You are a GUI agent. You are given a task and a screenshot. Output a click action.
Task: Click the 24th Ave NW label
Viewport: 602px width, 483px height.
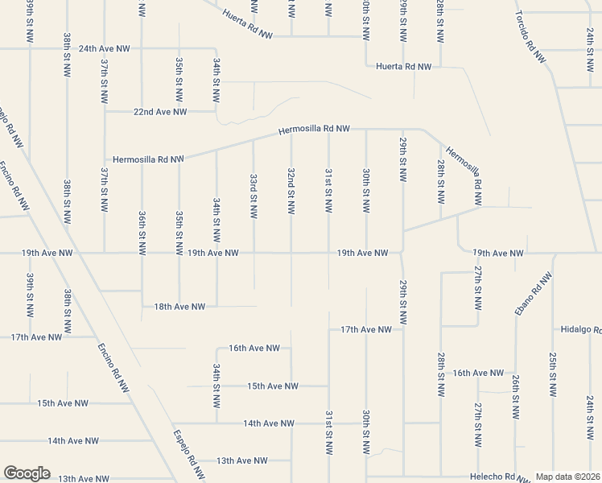pos(104,48)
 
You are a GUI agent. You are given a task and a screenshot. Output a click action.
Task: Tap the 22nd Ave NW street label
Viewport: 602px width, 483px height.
pos(160,112)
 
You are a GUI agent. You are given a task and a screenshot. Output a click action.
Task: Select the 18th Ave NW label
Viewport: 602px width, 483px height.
pos(179,306)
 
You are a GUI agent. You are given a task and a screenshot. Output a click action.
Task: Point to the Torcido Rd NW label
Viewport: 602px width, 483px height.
pos(530,38)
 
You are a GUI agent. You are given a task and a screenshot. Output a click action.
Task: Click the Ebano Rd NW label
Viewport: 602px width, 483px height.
pos(533,294)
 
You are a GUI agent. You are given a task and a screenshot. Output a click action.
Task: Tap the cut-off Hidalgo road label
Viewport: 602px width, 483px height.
pos(581,330)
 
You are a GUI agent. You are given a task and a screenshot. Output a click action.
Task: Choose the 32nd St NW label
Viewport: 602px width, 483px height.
pos(291,192)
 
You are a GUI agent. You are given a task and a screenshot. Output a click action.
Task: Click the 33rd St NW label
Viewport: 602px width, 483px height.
pos(254,196)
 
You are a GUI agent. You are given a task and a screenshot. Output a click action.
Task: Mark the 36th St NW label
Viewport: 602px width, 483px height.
pos(142,233)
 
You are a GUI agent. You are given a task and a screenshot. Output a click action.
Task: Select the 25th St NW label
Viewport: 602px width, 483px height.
pos(553,374)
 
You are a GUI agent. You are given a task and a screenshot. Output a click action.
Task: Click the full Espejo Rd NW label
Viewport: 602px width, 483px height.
pos(186,452)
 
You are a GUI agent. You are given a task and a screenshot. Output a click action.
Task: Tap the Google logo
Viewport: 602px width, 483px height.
pos(27,473)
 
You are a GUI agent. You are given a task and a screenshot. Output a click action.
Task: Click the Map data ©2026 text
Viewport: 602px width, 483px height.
pos(567,477)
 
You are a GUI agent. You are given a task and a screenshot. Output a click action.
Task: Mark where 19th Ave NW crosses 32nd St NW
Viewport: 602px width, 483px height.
pos(291,253)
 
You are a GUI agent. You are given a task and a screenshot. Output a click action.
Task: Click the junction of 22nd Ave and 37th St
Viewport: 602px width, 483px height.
pos(104,112)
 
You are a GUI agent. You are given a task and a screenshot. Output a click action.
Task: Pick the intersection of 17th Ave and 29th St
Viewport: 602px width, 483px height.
pos(403,329)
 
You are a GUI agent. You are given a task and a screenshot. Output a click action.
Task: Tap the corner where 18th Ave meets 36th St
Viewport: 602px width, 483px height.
pos(142,306)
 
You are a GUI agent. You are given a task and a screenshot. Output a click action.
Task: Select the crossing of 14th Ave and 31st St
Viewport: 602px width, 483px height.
pos(328,423)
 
